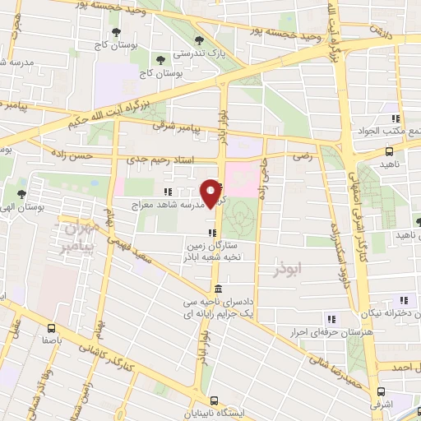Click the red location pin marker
pos(212,192)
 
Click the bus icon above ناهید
pos(390,150)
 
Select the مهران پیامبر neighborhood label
pos(81,235)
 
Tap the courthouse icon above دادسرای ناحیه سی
pos(217,288)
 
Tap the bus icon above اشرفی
pos(380,392)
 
